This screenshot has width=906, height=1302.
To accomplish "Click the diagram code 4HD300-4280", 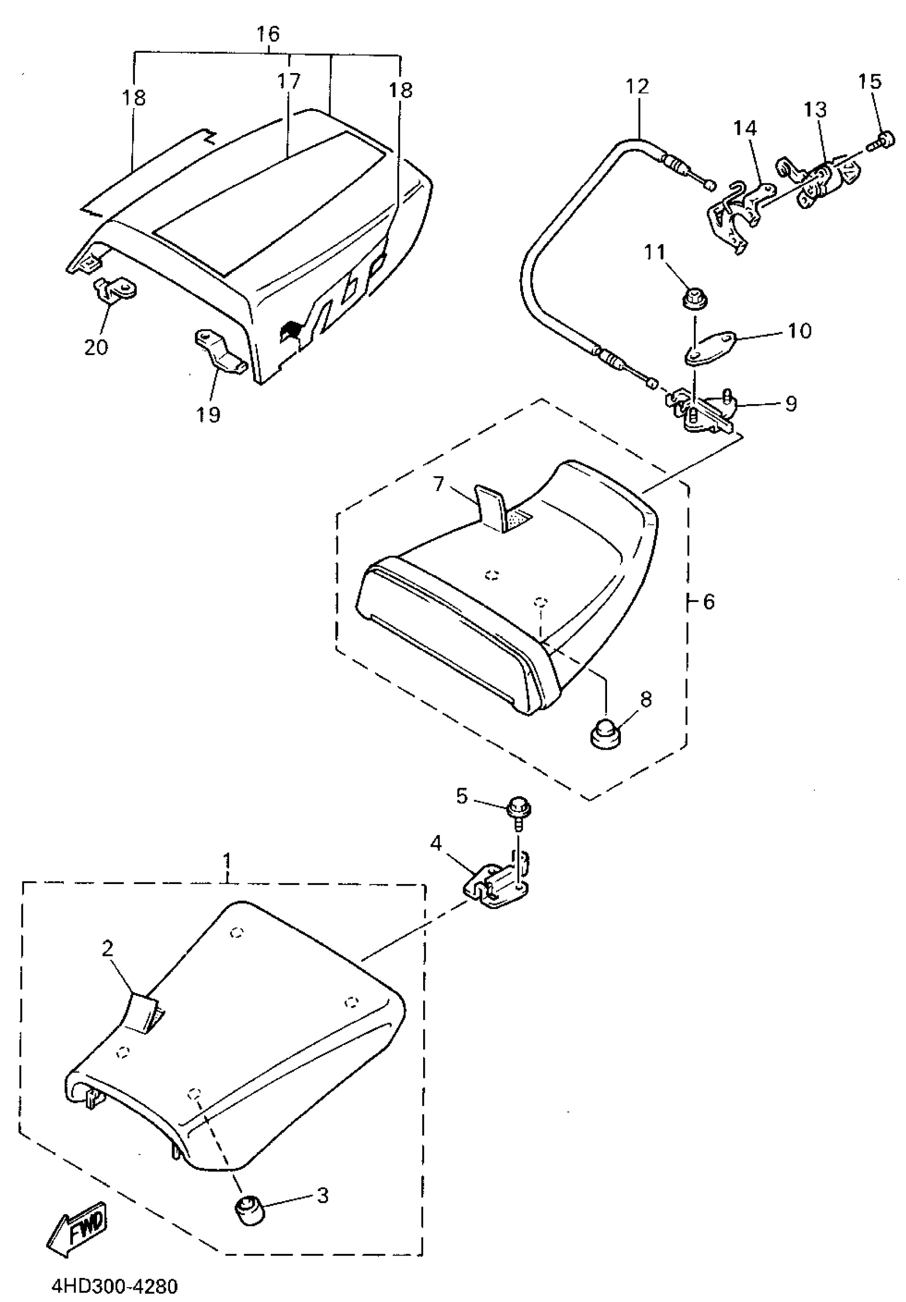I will pyautogui.click(x=115, y=1284).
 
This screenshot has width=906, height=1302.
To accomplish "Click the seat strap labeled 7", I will pyautogui.click(x=491, y=506).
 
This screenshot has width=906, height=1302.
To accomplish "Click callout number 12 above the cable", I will pyautogui.click(x=637, y=87).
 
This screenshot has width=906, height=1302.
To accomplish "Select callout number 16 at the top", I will pyautogui.click(x=268, y=34).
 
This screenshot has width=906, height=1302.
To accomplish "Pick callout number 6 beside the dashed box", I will pyautogui.click(x=709, y=601).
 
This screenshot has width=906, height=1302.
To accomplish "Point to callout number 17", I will pyautogui.click(x=288, y=81).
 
